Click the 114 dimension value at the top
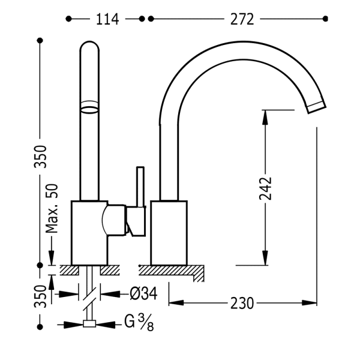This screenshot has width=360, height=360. pyautogui.click(x=107, y=20)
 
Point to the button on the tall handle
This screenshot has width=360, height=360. pyautogui.click(x=90, y=106)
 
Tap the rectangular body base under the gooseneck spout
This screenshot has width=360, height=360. pyautogui.click(x=170, y=231)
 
